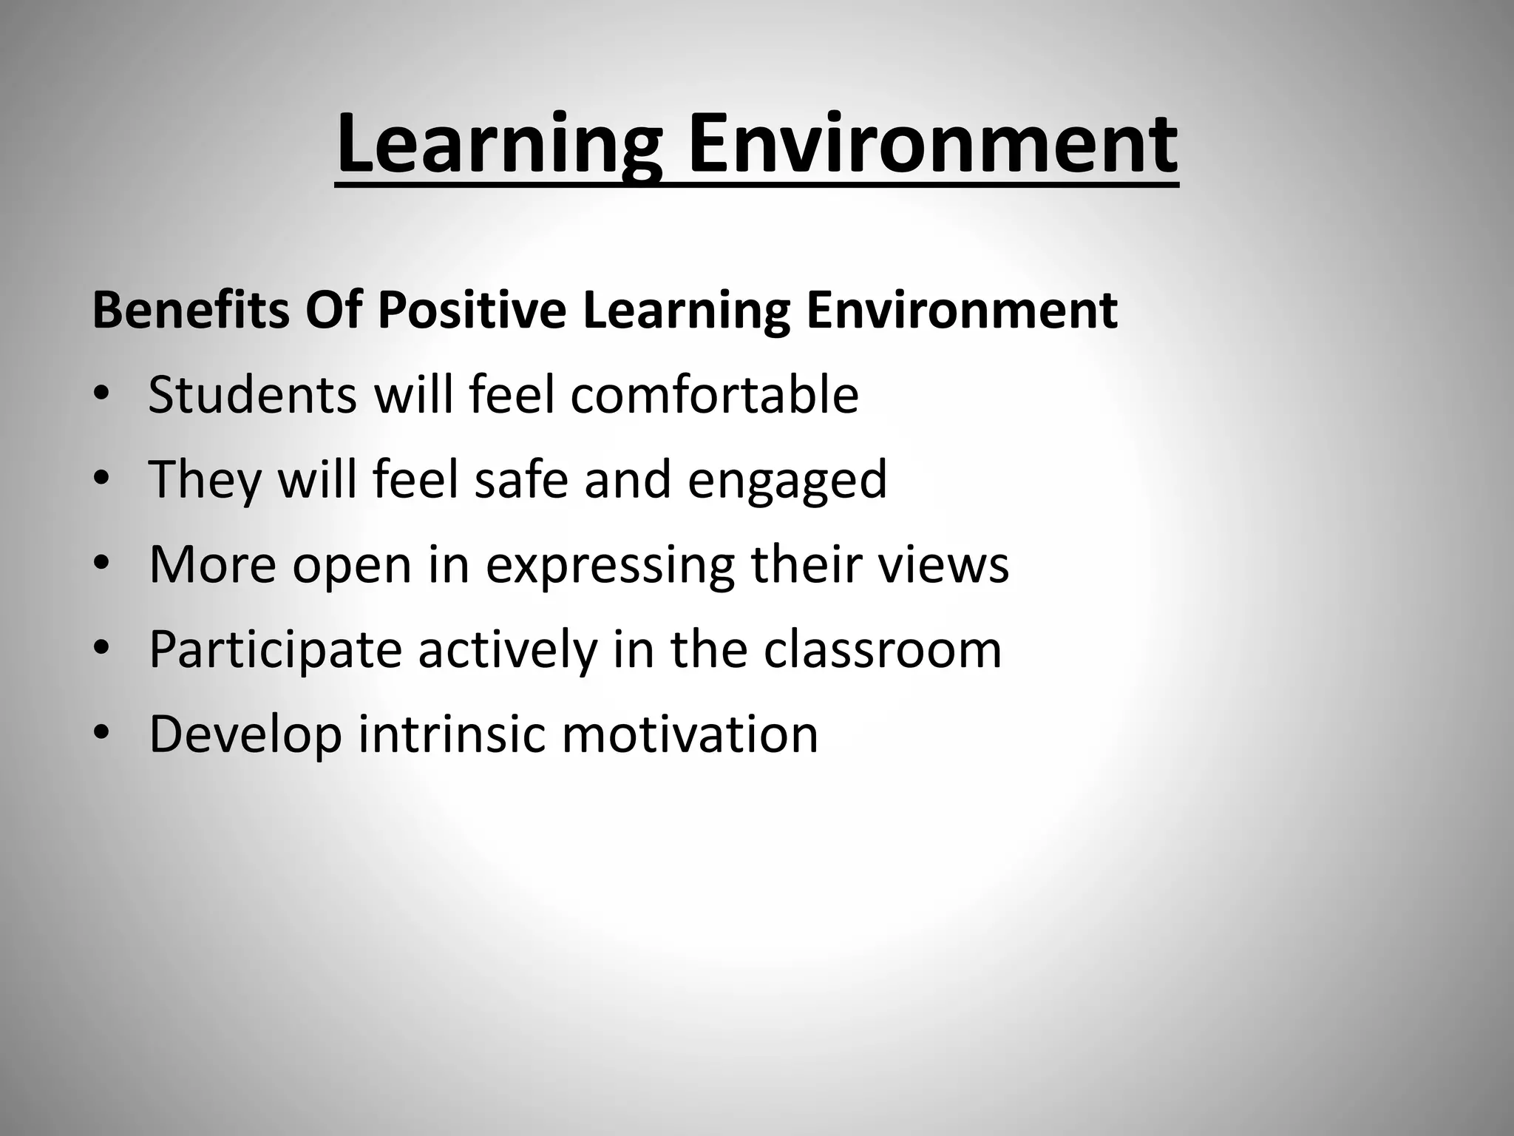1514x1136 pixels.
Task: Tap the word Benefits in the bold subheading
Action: pos(191,310)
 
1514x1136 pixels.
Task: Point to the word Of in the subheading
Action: pos(333,310)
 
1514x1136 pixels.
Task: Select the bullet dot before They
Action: pos(101,479)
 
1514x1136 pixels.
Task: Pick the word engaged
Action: pos(787,481)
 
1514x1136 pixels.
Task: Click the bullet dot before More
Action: pos(101,564)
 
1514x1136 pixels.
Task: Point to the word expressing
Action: pos(610,566)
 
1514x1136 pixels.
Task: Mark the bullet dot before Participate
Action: pos(101,649)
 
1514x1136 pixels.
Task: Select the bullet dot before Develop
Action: pos(101,733)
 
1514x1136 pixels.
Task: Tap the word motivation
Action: pos(690,733)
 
